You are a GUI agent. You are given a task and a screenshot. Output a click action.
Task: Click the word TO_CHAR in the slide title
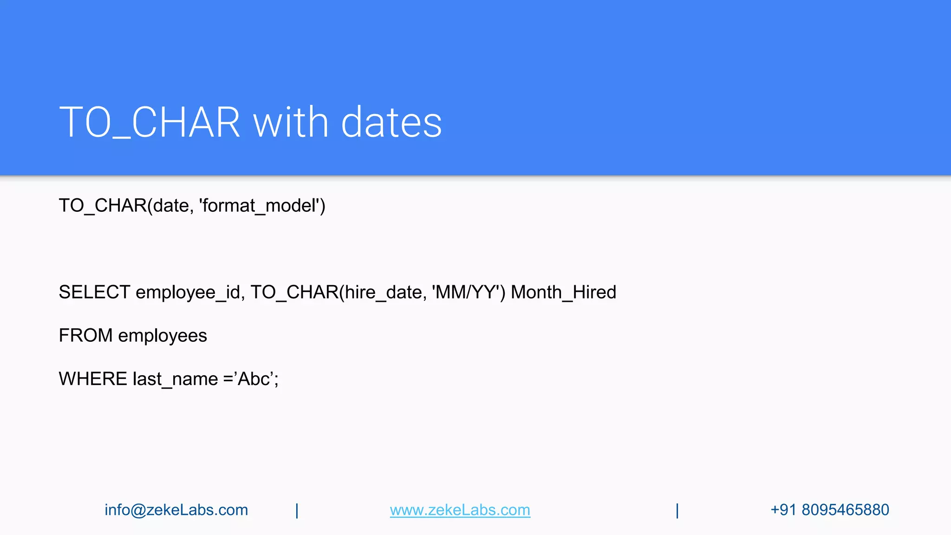[150, 123]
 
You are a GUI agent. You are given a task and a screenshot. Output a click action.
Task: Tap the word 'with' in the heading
[291, 123]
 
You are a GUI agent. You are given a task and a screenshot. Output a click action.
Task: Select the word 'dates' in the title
[391, 123]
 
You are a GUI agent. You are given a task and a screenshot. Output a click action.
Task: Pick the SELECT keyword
[94, 293]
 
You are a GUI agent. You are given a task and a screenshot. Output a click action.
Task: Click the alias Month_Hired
[563, 293]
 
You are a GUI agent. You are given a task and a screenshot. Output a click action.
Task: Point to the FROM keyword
[85, 336]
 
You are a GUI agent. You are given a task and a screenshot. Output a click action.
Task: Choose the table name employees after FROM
[163, 336]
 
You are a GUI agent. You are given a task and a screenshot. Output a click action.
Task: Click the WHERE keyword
[93, 379]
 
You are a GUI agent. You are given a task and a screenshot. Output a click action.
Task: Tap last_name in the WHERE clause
[175, 379]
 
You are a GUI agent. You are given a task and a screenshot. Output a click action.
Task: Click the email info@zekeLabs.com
[176, 510]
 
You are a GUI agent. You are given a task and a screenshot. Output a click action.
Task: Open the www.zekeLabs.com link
[460, 510]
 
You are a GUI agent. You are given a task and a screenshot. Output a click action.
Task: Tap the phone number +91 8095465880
[830, 510]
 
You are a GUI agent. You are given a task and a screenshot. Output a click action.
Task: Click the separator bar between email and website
[297, 510]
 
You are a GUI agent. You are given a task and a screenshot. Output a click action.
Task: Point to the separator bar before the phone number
[677, 510]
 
